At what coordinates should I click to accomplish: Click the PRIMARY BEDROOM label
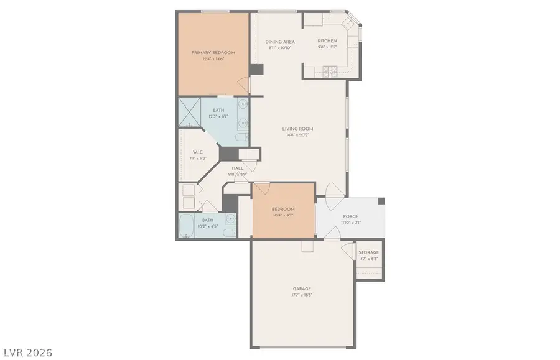213,53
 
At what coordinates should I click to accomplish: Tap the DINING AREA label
279,42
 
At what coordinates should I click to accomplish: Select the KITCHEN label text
327,42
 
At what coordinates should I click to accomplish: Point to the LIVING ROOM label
297,129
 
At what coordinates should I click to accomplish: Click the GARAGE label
302,288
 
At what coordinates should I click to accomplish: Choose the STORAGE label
368,252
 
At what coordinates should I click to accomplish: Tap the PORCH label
351,216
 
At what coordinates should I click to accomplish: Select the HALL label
238,168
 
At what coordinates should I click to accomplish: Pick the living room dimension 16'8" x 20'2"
297,135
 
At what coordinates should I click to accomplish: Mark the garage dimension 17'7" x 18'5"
302,295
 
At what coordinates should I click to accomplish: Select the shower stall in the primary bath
191,111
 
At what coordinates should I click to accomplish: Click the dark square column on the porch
381,201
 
